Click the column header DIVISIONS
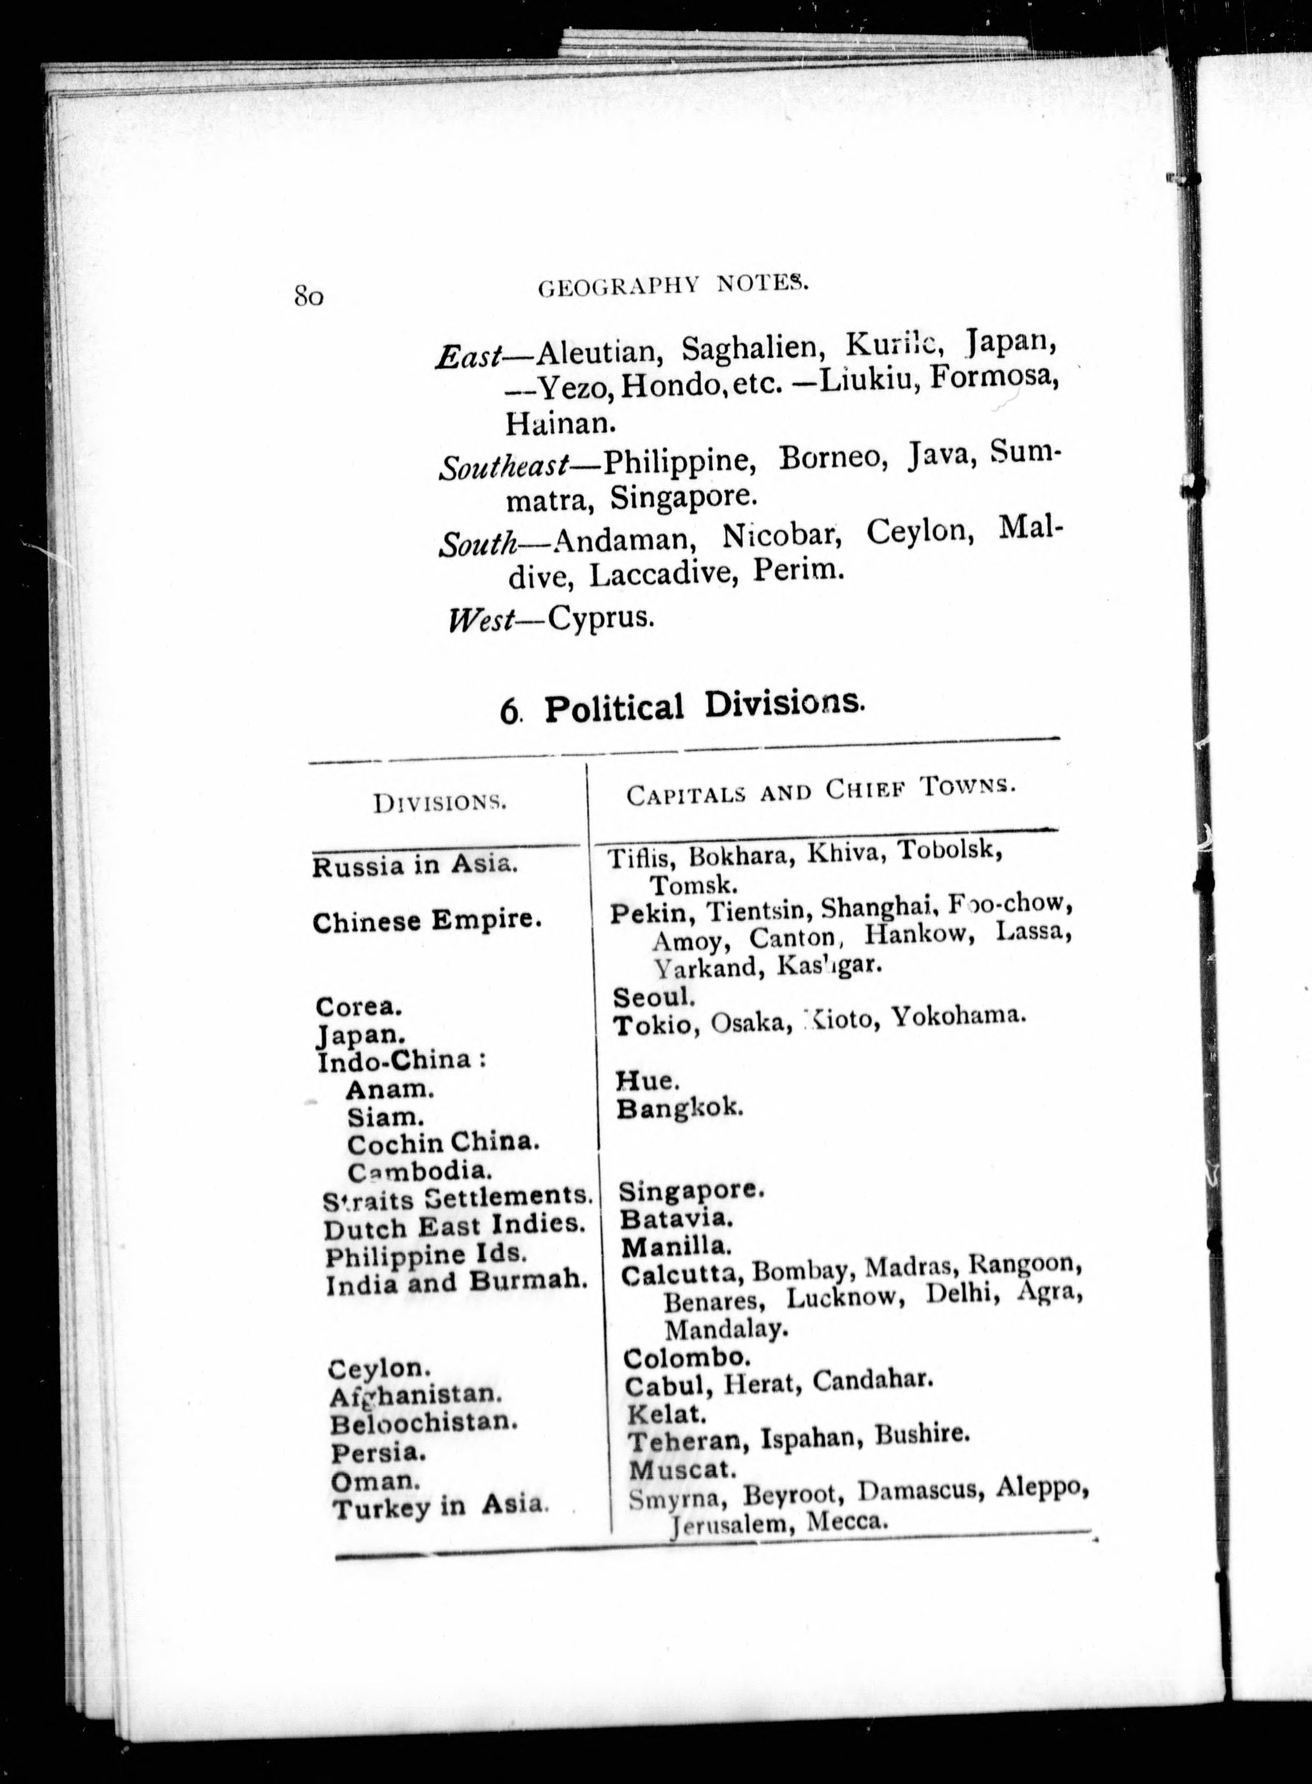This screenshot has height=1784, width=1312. (x=440, y=803)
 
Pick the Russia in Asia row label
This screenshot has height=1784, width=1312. (x=415, y=864)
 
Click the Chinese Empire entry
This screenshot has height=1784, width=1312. (x=427, y=921)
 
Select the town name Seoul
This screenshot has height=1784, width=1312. (x=654, y=996)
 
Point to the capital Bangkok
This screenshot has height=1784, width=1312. (x=680, y=1107)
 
